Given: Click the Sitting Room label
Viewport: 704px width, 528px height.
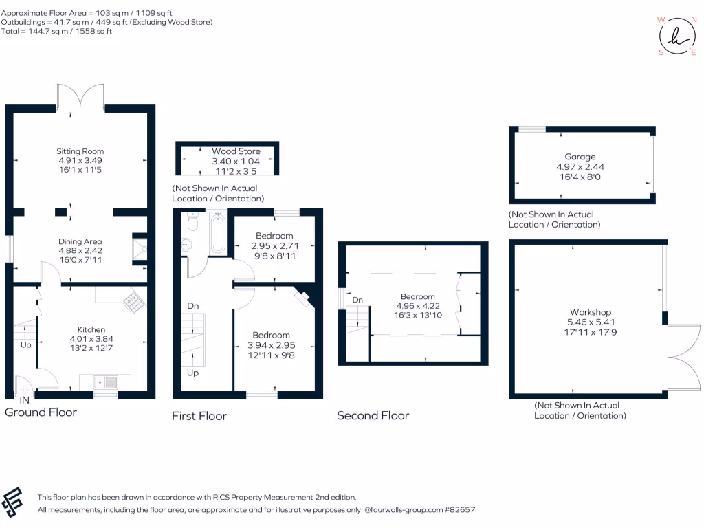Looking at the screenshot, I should coord(80,151).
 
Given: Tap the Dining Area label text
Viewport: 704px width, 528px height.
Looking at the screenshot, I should coord(80,241).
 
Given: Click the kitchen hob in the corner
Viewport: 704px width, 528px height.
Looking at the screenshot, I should coord(131,300).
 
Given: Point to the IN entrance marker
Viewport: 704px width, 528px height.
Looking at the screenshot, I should coord(24,399).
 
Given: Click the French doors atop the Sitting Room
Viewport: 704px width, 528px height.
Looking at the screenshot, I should coord(80,97).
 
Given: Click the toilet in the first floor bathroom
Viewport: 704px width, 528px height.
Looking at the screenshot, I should coord(192,222).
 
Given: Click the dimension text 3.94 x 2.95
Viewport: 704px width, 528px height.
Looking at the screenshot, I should coord(271,345).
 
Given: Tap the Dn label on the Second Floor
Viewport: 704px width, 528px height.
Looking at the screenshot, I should coord(357,300).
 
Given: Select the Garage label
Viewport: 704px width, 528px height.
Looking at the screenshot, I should coord(580,157).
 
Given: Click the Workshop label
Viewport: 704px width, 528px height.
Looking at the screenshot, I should coord(590,312).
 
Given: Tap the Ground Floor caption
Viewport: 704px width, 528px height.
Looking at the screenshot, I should coord(41,412).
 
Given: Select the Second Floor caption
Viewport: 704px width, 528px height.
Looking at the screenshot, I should coord(373,415).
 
